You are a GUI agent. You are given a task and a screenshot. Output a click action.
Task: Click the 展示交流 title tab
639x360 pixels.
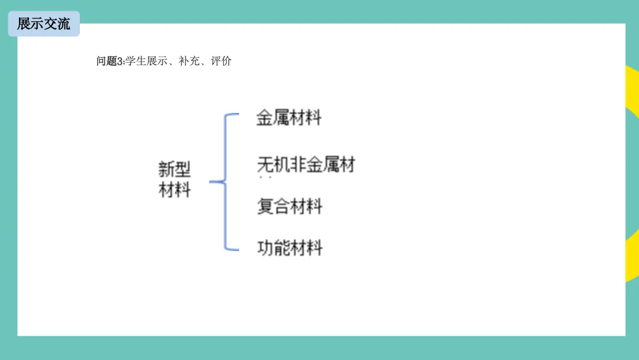[43, 24]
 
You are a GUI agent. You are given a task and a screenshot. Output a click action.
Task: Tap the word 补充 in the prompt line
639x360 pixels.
[189, 60]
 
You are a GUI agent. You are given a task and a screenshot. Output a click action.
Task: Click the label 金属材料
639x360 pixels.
[289, 117]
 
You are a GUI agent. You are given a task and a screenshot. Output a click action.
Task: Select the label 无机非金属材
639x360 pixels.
[306, 164]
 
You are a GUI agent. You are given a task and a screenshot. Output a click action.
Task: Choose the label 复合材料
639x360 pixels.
[289, 207]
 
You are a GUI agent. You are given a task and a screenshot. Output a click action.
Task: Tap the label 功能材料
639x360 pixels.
[290, 247]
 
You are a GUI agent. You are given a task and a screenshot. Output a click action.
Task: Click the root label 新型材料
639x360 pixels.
[175, 179]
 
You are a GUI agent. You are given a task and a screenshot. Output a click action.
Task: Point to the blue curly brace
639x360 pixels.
[225, 182]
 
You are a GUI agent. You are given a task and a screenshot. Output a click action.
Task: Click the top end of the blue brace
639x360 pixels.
[237, 114]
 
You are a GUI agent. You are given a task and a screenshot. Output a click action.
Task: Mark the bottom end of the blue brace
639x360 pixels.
[237, 249]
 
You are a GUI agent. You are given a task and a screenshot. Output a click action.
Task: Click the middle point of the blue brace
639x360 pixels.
[212, 182]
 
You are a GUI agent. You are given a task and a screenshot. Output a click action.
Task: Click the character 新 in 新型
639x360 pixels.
[166, 170]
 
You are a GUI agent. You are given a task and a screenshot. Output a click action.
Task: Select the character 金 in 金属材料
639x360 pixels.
[264, 117]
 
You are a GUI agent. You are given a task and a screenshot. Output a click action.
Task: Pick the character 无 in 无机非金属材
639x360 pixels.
[265, 164]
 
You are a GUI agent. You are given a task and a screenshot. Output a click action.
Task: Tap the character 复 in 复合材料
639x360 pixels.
[265, 207]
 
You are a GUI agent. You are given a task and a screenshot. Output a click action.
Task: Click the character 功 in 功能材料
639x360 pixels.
[265, 247]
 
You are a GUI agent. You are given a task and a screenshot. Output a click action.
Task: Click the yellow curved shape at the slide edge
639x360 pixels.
[632, 178]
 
